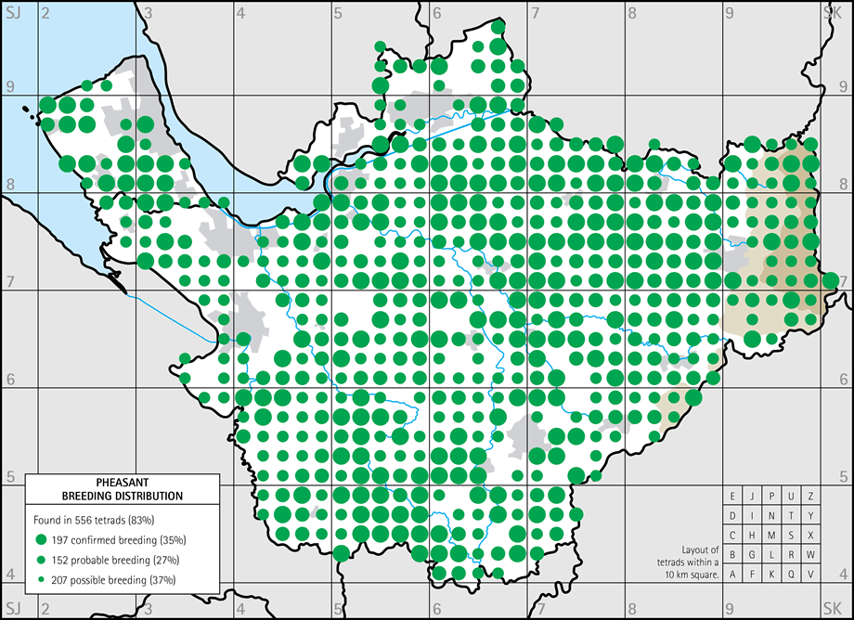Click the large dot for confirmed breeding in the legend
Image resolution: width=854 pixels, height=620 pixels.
coord(41,539)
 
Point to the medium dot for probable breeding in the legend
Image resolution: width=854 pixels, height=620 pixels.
coord(41,560)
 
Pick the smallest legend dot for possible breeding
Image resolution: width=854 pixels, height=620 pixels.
coord(41,580)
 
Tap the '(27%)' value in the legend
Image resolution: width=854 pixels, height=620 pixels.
coord(163,560)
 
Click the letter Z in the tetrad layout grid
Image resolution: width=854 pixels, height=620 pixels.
coord(811,497)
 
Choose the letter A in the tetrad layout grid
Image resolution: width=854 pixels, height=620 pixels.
coord(733,575)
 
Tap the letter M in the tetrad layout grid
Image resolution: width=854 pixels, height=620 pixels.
coord(772,536)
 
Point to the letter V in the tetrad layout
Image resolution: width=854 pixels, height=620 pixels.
coord(811,575)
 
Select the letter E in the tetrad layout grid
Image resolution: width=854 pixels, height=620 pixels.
coord(733,497)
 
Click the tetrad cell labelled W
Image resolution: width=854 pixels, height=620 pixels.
coord(811,555)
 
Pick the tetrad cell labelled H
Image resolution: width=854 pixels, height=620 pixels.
coord(753,536)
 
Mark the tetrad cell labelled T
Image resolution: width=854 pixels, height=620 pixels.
coord(792,516)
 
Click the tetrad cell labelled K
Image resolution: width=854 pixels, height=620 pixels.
coord(772,575)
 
